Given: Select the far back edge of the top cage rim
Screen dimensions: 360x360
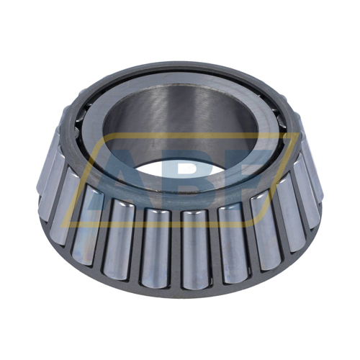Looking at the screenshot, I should point(180,66).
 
